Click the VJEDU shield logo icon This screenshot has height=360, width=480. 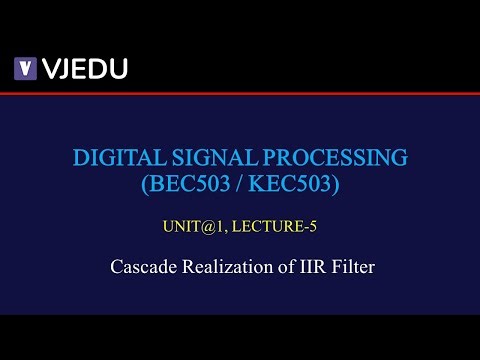click(x=24, y=69)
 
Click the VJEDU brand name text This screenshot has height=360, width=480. click(x=83, y=69)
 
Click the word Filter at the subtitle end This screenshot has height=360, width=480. click(x=350, y=267)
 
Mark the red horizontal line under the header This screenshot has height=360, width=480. click(x=240, y=93)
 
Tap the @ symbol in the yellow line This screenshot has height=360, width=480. click(x=204, y=226)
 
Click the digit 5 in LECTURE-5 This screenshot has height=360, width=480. click(x=313, y=226)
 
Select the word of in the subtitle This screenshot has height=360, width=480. click(x=279, y=267)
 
